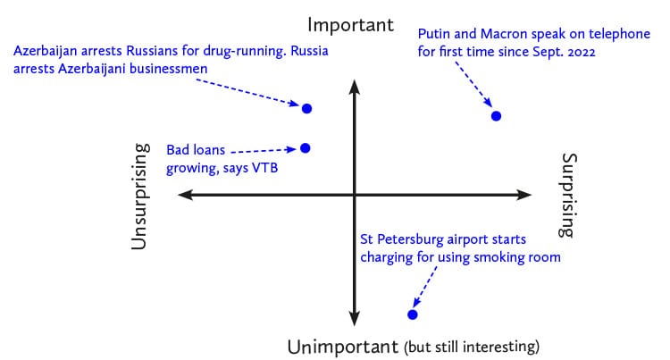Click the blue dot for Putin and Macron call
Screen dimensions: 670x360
click(x=496, y=116)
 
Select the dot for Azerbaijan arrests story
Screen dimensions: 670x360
click(x=306, y=108)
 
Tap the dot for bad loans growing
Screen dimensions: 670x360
click(x=306, y=148)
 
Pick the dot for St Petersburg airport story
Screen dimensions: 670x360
click(x=413, y=314)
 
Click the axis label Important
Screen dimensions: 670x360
click(x=350, y=25)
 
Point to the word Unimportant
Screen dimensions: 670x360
click(x=343, y=347)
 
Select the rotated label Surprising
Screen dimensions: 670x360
click(x=568, y=195)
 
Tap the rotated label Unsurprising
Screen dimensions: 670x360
click(x=140, y=197)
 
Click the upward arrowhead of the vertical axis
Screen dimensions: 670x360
click(x=355, y=87)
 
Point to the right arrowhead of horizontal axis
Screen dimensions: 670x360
click(x=524, y=195)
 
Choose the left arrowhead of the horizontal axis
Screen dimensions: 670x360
click(x=185, y=195)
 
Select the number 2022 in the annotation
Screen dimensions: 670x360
click(x=582, y=52)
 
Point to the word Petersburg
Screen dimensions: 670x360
click(x=409, y=239)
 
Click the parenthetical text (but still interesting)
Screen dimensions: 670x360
click(x=472, y=347)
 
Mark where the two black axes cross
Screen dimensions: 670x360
click(x=355, y=195)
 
